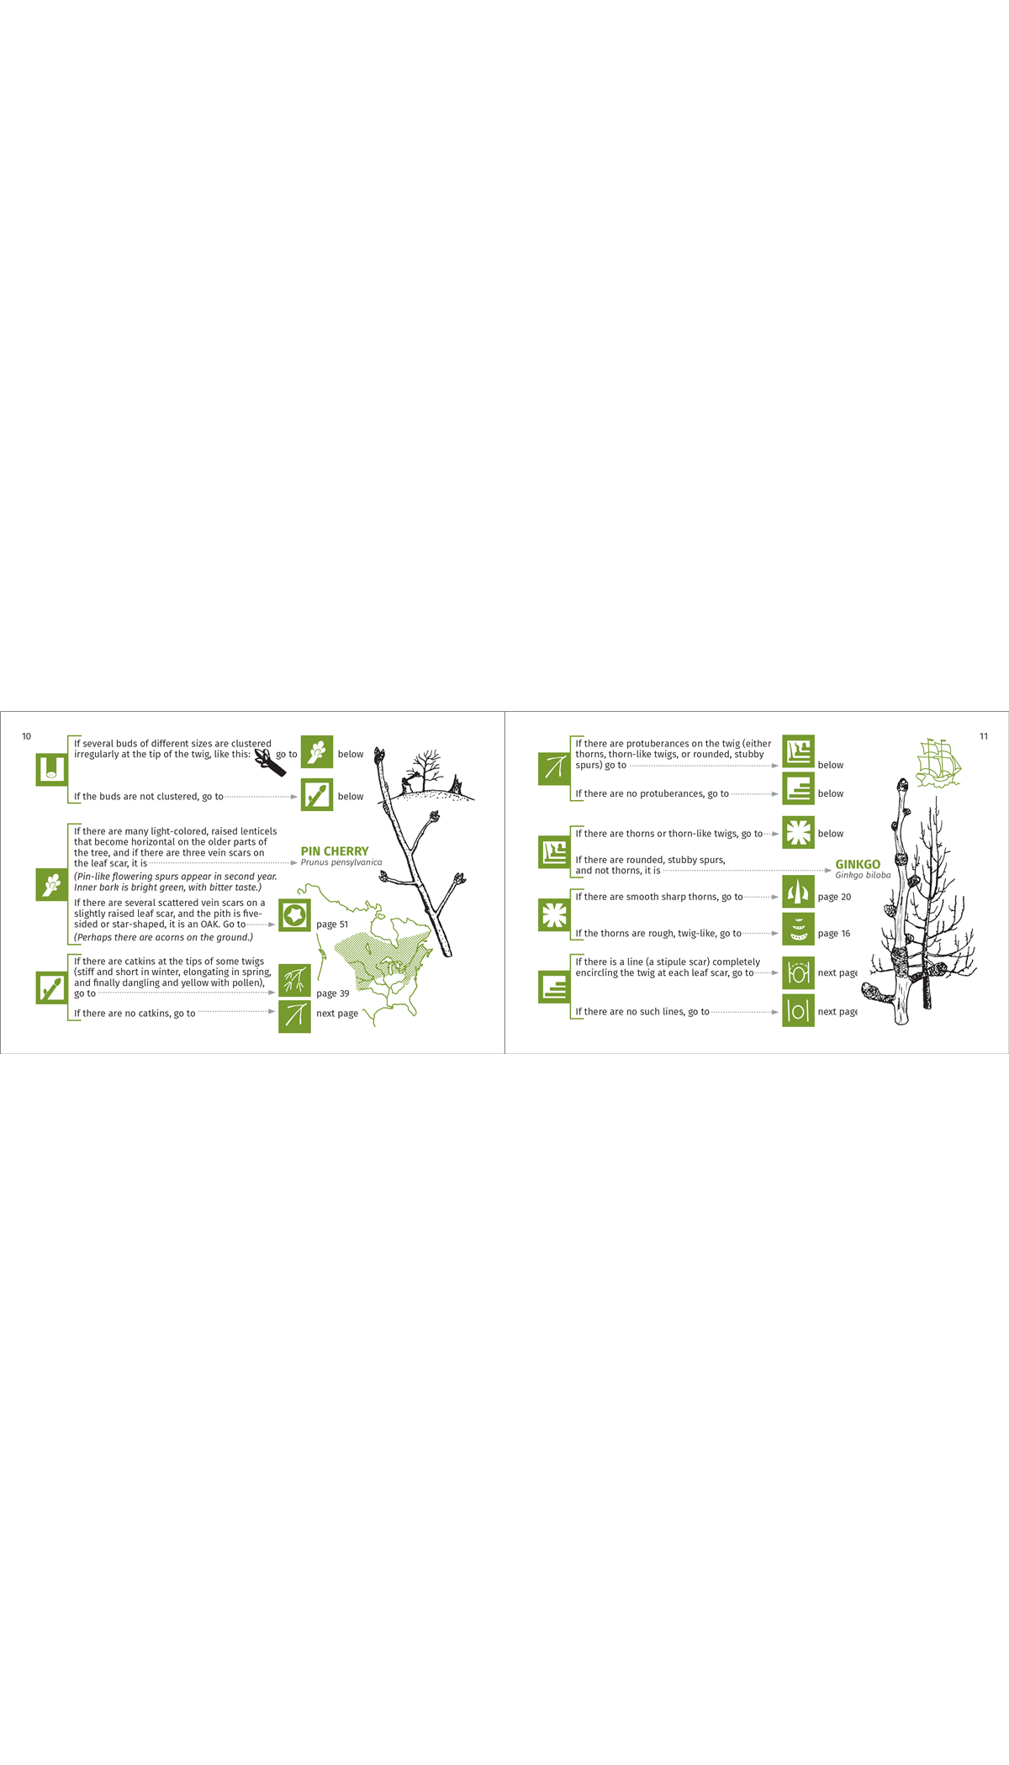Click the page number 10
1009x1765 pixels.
[26, 736]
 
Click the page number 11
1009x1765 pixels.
[983, 736]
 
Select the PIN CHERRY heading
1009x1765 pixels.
[334, 851]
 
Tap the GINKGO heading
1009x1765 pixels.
[857, 864]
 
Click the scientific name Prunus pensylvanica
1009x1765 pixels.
[341, 862]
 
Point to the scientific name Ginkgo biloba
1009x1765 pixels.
[862, 875]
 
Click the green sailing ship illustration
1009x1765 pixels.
[938, 762]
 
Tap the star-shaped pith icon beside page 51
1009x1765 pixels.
[294, 915]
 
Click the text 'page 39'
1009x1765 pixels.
[332, 993]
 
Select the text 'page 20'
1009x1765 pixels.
[834, 897]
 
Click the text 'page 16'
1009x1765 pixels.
[833, 933]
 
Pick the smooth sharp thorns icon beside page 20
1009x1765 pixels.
[798, 891]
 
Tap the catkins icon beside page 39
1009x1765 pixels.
[294, 980]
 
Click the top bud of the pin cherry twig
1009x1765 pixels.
[379, 756]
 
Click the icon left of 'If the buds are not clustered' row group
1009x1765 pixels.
[51, 769]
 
